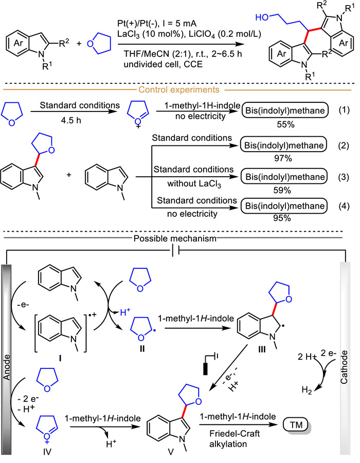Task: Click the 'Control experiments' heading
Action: tap(179, 89)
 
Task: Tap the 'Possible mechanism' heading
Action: tap(175, 238)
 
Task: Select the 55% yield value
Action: tap(285, 124)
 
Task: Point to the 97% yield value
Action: tap(283, 159)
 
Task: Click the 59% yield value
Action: tap(282, 190)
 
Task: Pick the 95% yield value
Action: tap(282, 218)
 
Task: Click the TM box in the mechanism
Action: tap(296, 425)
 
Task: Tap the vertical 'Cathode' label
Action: tap(344, 367)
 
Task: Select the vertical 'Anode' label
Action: tap(7, 367)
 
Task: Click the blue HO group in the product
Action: tap(262, 17)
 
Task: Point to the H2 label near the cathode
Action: tap(307, 391)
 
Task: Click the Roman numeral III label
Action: tap(262, 349)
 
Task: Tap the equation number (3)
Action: tap(344, 177)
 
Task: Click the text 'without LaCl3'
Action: tap(194, 183)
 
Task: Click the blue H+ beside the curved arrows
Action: tap(125, 312)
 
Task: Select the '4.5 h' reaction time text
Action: tap(70, 120)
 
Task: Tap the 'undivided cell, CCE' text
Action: tap(163, 64)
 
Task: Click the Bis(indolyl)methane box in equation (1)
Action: tap(285, 110)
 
